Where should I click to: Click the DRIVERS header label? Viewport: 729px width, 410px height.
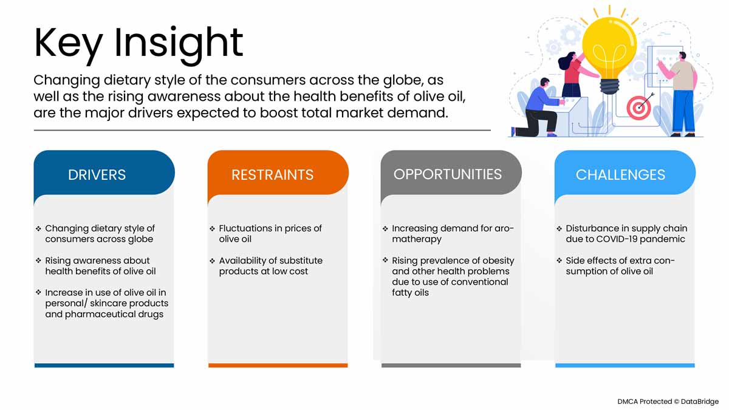click(x=97, y=175)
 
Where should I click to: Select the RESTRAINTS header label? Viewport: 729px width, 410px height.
click(x=272, y=175)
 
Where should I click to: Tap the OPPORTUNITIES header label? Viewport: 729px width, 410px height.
click(x=448, y=174)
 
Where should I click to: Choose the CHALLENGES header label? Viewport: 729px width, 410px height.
click(x=620, y=175)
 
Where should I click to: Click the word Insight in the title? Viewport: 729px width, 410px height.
click(x=179, y=44)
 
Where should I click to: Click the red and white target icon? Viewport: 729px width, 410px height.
click(x=638, y=108)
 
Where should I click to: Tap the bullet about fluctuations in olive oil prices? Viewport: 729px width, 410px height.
click(x=266, y=234)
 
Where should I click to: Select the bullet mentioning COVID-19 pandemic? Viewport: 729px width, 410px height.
click(x=622, y=234)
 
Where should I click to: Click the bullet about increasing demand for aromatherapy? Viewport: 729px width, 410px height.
click(x=448, y=234)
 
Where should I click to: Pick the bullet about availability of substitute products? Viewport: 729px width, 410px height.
click(x=266, y=266)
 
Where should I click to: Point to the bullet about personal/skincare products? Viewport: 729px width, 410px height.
click(x=102, y=303)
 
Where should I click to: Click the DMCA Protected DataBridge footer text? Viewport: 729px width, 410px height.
click(x=668, y=401)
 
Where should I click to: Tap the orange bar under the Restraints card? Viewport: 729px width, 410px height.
click(x=278, y=366)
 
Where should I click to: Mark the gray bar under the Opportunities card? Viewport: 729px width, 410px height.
click(x=451, y=366)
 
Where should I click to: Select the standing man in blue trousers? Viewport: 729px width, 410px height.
click(x=680, y=94)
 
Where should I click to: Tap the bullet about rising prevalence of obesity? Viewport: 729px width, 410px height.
click(x=448, y=276)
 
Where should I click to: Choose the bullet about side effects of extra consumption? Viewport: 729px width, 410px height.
click(x=616, y=266)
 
